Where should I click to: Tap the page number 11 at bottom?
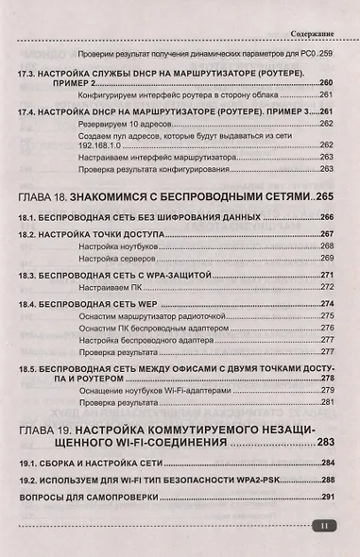(x=324, y=526)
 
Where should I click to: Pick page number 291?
(x=328, y=496)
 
